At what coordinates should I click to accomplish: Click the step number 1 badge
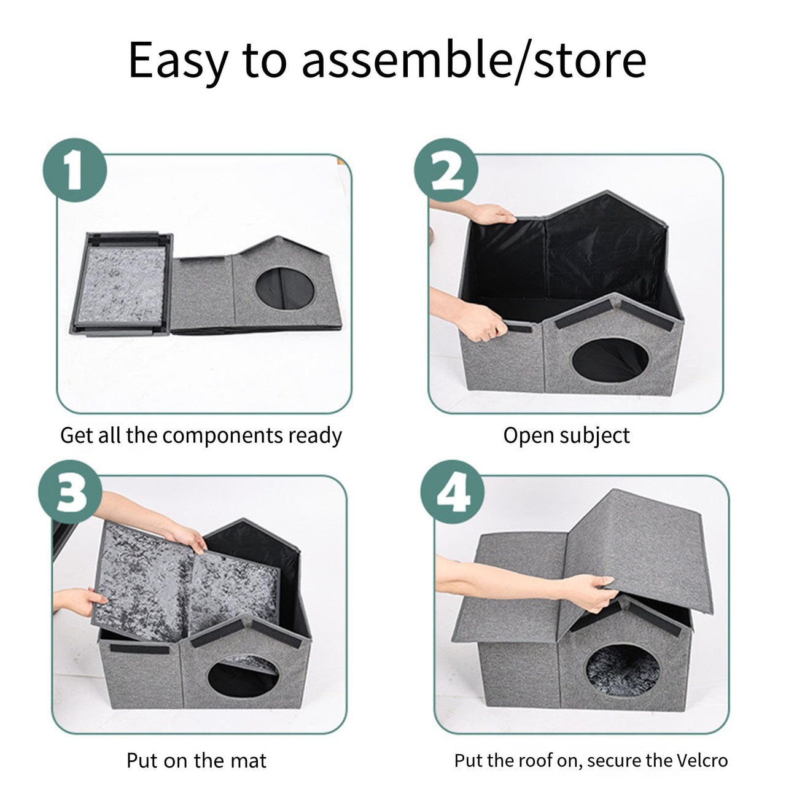pyautogui.click(x=74, y=170)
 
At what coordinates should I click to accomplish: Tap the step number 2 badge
pyautogui.click(x=446, y=170)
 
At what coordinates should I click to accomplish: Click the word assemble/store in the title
pyautogui.click(x=473, y=60)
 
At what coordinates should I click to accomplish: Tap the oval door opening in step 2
pyautogui.click(x=610, y=360)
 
